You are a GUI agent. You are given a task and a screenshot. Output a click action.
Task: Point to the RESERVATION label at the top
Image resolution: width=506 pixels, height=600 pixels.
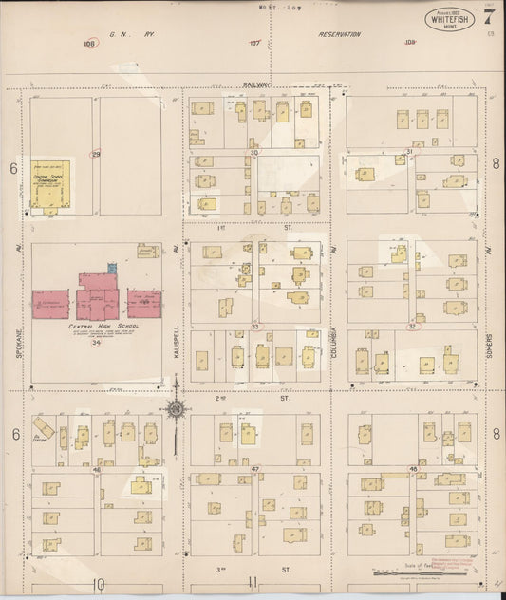(339, 34)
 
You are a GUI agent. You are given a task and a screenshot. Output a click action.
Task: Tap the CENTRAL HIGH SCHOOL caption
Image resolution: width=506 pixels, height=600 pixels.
(97, 326)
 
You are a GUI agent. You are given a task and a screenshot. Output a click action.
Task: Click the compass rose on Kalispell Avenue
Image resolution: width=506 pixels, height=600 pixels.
(176, 408)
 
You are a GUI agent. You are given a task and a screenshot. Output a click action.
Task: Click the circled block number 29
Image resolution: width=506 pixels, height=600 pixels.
(95, 154)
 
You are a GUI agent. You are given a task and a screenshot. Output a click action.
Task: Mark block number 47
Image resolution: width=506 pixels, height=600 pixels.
(254, 469)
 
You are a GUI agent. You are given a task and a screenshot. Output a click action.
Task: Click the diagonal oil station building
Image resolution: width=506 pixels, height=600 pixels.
(44, 428)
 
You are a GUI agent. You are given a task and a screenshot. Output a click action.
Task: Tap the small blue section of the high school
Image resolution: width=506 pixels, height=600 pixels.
(113, 269)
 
